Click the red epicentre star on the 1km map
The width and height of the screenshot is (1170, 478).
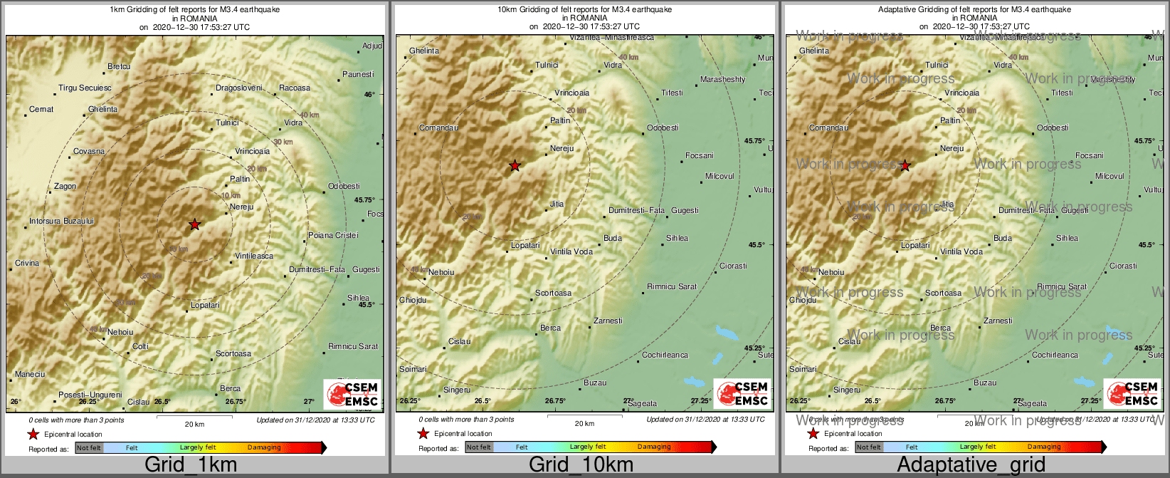[x=194, y=224]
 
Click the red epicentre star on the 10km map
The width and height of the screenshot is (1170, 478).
[x=515, y=166]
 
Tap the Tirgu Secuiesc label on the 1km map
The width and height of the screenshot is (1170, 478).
[x=85, y=88]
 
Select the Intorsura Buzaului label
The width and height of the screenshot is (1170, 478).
[x=61, y=222]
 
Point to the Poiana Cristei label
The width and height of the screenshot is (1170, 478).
[x=333, y=235]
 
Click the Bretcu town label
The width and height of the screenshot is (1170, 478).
[x=119, y=67]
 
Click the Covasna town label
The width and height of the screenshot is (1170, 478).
[x=89, y=152]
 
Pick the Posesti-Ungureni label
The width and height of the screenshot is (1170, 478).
[x=90, y=395]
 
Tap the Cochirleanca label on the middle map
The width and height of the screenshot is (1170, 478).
[x=665, y=355]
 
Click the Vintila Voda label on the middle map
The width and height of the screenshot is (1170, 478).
[x=571, y=252]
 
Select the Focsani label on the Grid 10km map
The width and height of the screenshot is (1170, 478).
[x=699, y=156]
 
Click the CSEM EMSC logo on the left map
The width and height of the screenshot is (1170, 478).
[x=352, y=394]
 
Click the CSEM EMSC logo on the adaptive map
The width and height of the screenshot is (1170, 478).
[x=1132, y=394]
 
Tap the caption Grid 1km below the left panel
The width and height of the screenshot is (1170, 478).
[x=191, y=465]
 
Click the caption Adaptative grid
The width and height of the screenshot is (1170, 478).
[x=971, y=465]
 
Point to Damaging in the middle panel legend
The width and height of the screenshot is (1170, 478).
[x=654, y=447]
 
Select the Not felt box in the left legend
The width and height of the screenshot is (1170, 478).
[x=89, y=448]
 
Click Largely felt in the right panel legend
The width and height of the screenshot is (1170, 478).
[x=978, y=447]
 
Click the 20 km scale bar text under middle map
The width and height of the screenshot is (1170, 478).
[x=584, y=424]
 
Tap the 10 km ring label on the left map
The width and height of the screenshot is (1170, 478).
[x=231, y=196]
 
